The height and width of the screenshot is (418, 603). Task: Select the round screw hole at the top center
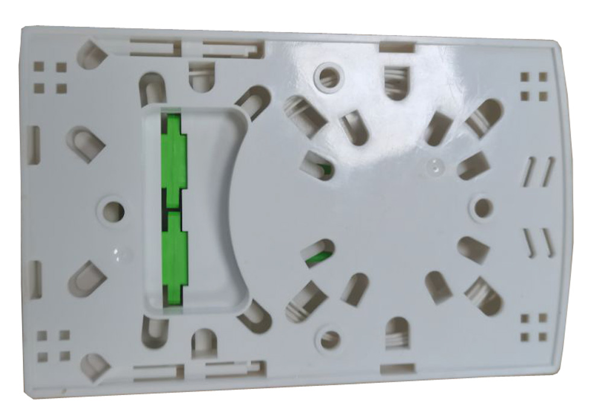click(329, 77)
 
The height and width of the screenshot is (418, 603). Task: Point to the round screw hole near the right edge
click(483, 208)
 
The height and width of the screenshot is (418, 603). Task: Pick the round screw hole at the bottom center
click(330, 340)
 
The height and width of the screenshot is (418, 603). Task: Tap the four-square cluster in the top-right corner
click(534, 86)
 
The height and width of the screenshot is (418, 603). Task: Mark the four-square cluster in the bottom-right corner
click(534, 328)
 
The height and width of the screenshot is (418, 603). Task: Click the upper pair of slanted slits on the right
click(538, 171)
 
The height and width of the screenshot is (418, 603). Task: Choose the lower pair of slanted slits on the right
click(538, 242)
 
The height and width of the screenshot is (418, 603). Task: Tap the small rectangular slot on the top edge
click(397, 47)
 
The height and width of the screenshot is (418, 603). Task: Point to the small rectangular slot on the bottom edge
click(397, 368)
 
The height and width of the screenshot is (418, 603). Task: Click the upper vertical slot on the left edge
click(34, 145)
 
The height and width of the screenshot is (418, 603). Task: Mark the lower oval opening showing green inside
click(317, 253)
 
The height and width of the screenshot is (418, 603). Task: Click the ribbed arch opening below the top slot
click(397, 83)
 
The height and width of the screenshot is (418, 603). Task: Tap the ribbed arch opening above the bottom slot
click(397, 333)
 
